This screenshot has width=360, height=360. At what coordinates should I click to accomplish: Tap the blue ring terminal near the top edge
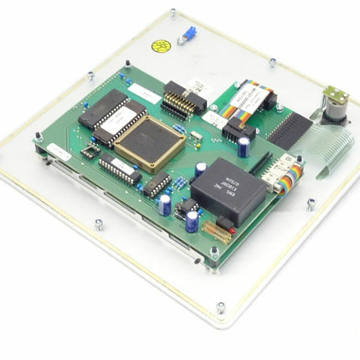(x=188, y=33)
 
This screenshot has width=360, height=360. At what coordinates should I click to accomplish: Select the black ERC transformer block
(x=228, y=185)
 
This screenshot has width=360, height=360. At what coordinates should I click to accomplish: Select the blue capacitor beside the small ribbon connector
(x=242, y=147)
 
